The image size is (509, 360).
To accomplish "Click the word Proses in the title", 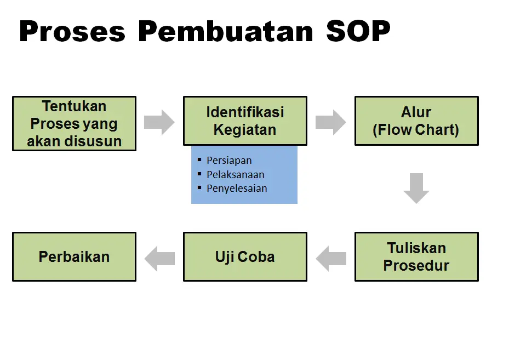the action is [x=72, y=31].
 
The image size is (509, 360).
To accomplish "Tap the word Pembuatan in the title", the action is [x=226, y=31].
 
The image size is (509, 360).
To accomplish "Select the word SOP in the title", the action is [x=358, y=31].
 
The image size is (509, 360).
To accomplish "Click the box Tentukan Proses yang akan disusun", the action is [x=75, y=124].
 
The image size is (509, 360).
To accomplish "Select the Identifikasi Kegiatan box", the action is [x=245, y=121].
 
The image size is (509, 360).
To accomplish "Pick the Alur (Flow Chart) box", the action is [x=416, y=121].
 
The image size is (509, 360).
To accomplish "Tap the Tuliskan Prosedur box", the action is [x=416, y=257].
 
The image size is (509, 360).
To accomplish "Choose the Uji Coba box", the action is [x=245, y=257].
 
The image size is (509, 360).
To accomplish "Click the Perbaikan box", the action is [x=75, y=257].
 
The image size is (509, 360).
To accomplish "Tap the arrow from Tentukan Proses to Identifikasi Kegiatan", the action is [x=159, y=122].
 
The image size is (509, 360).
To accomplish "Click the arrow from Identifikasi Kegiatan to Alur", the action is [x=331, y=122].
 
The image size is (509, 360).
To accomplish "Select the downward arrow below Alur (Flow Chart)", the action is [x=416, y=188].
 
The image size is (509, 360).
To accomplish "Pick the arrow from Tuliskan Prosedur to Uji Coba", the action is [x=331, y=259].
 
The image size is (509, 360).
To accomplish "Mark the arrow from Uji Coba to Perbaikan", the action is [x=159, y=259].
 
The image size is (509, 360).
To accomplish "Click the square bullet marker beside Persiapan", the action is [x=199, y=159].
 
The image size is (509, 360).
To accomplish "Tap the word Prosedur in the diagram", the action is [x=416, y=266].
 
